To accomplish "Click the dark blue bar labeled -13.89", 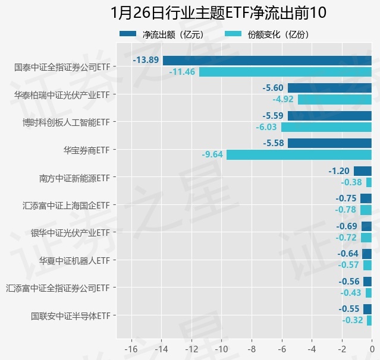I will point(267,61).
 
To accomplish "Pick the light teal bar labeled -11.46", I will point(285,72).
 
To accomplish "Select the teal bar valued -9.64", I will point(299,154).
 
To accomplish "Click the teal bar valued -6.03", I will point(326,127).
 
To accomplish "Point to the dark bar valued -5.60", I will point(329,88).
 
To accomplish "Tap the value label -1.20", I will point(339,171).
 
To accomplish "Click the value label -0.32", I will point(353,320).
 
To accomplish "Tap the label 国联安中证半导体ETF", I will point(71,315).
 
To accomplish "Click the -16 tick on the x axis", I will point(131,348).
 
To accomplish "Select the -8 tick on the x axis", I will point(252,348).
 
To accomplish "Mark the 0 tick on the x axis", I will point(372,348).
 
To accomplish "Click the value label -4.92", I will point(283,99).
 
